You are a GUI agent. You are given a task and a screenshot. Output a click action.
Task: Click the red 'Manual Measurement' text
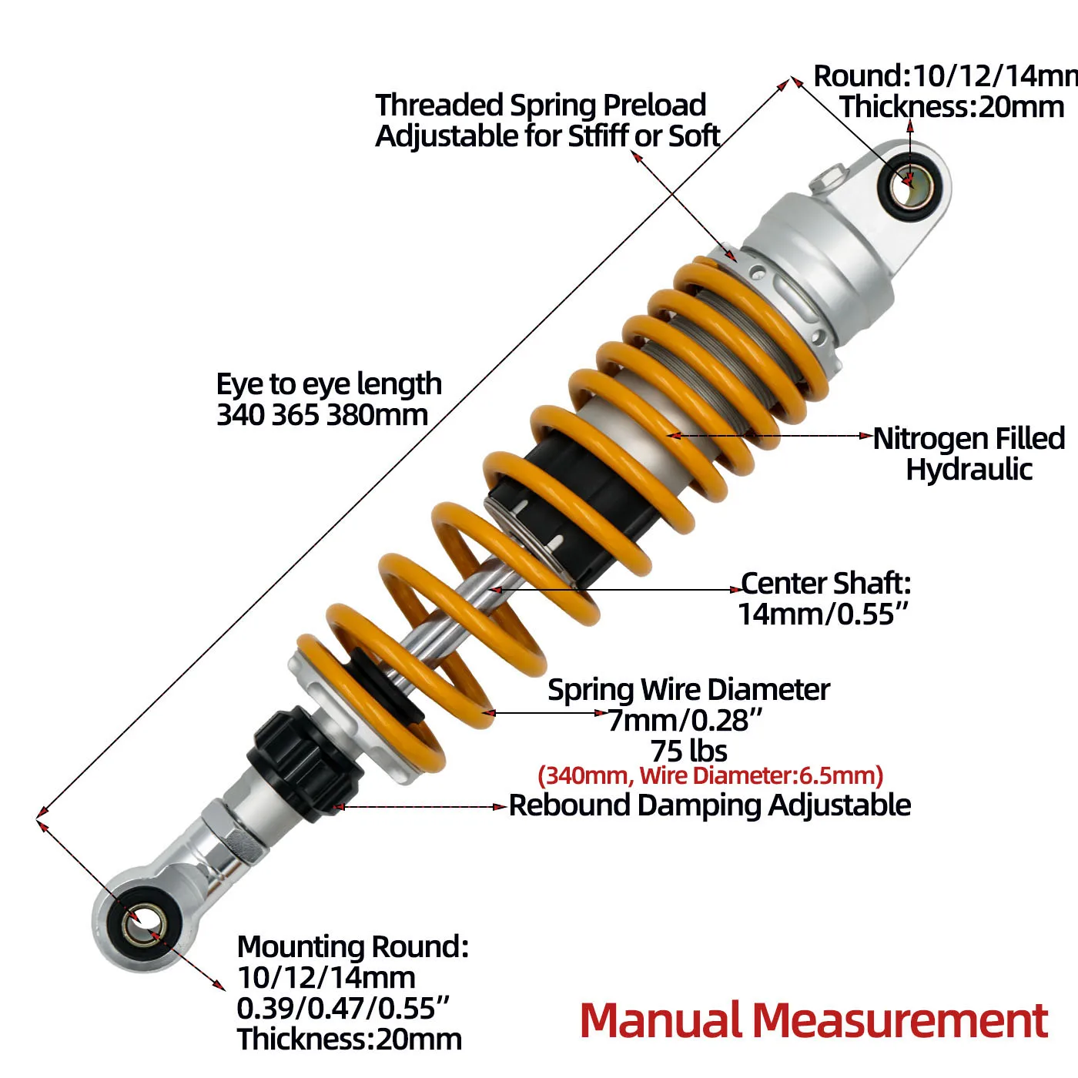813,1020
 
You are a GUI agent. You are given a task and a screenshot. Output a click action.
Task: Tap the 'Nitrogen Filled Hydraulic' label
969,454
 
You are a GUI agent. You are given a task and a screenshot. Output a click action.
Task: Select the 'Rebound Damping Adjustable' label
709,805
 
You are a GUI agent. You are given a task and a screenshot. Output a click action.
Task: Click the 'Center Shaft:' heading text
825,584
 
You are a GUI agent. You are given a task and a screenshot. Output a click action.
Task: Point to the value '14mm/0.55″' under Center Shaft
823,614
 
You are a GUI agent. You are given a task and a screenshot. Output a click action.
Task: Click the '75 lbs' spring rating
688,751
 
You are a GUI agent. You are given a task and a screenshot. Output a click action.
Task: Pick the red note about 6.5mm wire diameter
710,775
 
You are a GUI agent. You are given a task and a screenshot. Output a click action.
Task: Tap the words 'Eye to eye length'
329,383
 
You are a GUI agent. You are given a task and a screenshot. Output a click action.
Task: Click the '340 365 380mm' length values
322,415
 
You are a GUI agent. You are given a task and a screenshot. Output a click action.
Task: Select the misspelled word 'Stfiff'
597,136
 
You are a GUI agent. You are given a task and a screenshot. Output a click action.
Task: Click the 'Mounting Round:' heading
353,946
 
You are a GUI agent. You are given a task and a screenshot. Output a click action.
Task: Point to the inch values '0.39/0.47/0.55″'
343,1008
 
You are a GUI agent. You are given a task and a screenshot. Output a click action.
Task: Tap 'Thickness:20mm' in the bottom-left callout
349,1039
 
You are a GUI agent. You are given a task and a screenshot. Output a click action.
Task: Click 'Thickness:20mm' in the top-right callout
952,107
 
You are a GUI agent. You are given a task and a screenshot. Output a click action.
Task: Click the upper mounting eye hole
912,186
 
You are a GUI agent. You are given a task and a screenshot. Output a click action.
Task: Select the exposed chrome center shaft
470,608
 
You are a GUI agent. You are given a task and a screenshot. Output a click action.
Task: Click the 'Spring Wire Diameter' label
688,690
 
